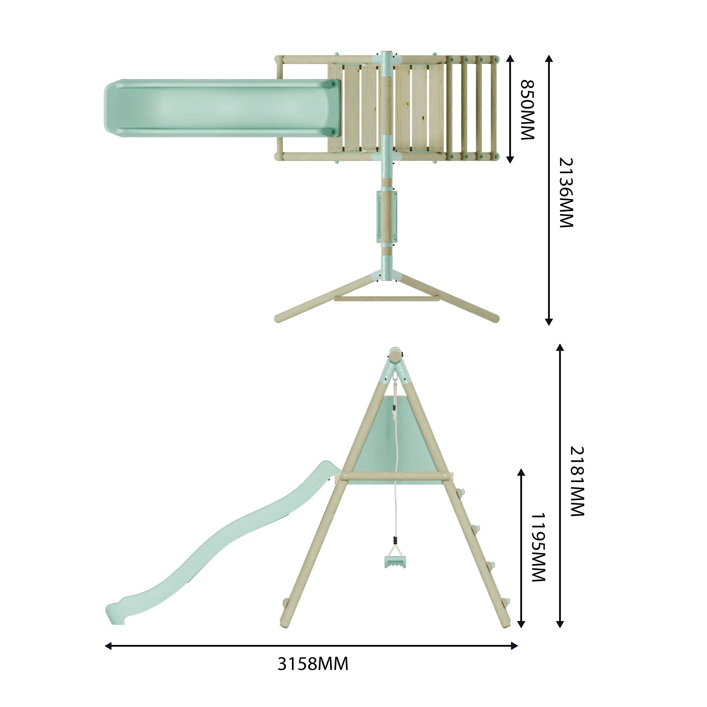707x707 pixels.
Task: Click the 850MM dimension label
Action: [527, 110]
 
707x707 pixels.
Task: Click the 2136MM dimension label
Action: [566, 193]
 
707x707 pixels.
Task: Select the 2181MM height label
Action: [578, 481]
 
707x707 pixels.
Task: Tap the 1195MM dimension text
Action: [538, 547]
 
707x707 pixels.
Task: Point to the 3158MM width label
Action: [313, 664]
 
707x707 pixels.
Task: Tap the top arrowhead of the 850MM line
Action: [510, 59]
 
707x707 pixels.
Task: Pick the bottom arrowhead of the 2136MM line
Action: [549, 322]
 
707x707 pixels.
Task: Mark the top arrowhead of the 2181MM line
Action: [560, 347]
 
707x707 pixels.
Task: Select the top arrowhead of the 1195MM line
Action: [521, 472]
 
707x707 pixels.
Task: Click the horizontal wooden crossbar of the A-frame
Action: [395, 476]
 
